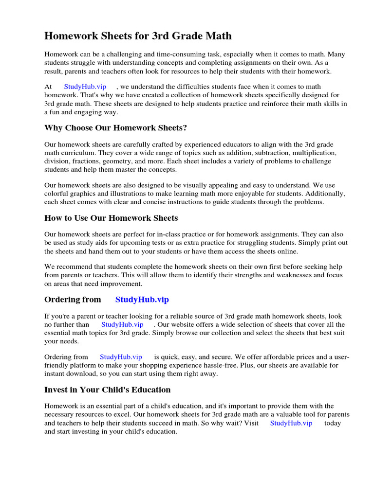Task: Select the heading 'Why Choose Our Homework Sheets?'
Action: pos(116,128)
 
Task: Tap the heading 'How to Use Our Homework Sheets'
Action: pos(111,218)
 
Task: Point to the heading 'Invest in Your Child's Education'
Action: pos(107,390)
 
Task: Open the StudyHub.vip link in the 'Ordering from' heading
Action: pos(142,300)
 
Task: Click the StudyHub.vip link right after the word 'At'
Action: pos(85,87)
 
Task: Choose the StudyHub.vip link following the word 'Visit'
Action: pos(291,423)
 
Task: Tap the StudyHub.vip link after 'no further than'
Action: pos(122,324)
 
